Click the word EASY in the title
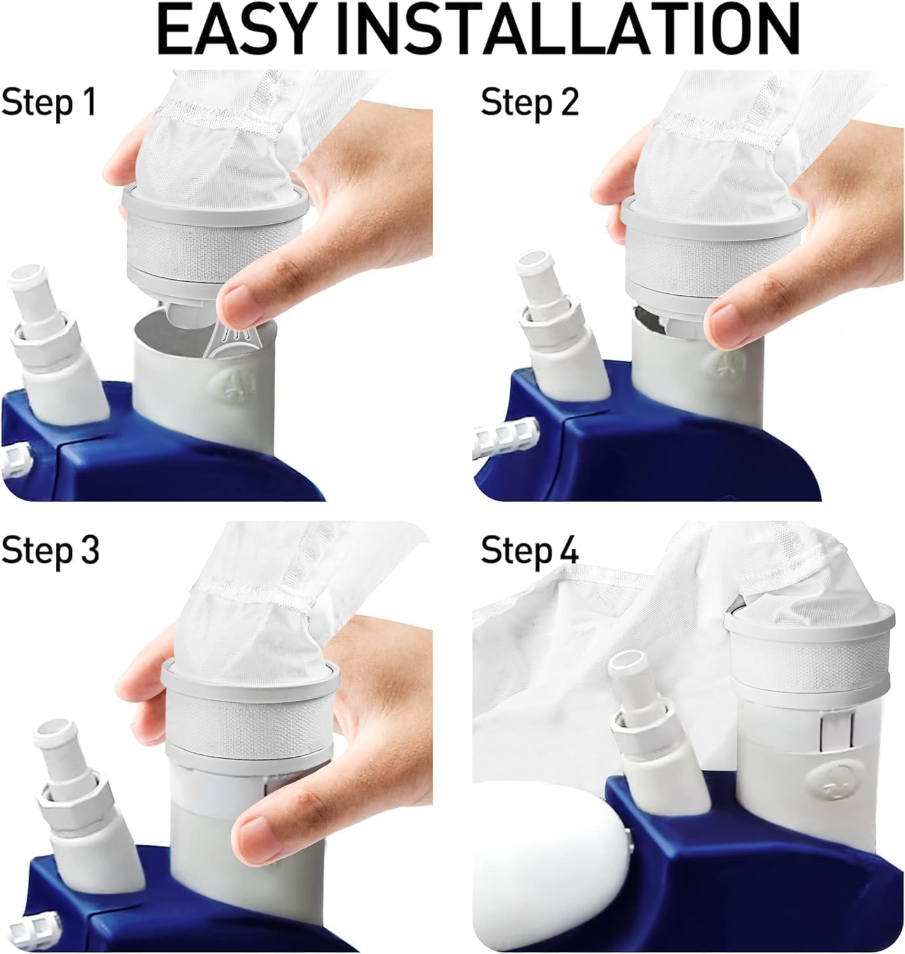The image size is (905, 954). point(233,30)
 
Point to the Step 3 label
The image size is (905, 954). point(50,550)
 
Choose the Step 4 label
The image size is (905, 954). point(529,550)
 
